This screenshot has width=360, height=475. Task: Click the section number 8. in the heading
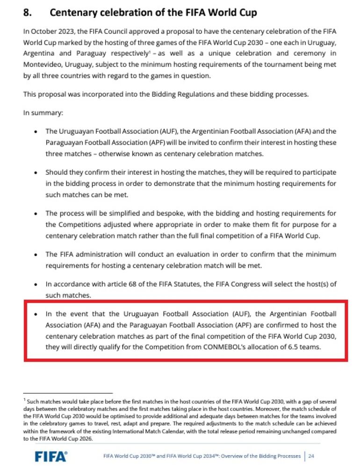point(28,13)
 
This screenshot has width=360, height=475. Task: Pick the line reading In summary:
point(43,113)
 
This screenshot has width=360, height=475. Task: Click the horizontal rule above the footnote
point(68,393)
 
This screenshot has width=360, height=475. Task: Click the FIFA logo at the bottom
point(51,456)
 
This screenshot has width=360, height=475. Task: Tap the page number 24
point(311,456)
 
